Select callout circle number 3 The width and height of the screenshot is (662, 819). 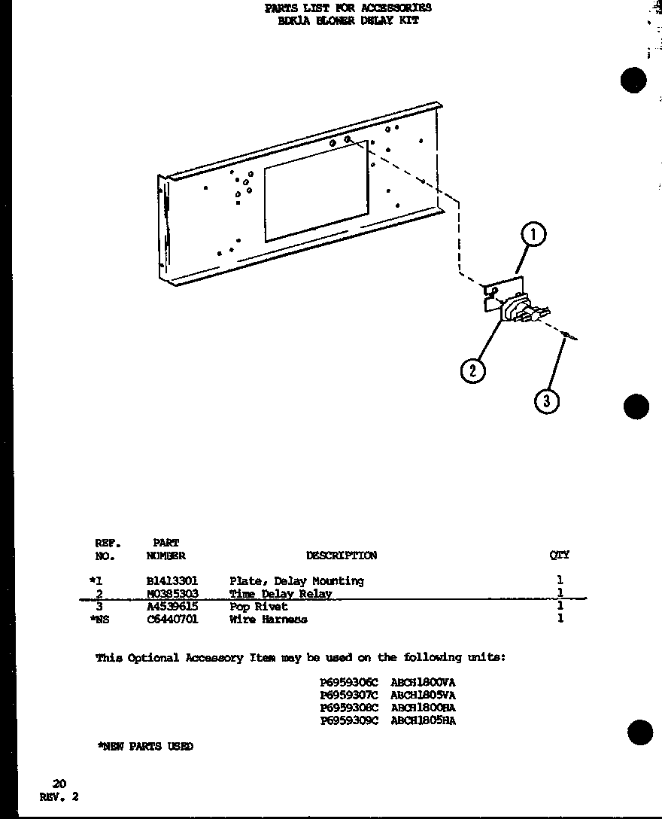tap(547, 401)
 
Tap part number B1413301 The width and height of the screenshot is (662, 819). tap(172, 581)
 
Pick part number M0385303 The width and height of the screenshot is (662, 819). tap(172, 594)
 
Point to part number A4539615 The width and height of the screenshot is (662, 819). tap(172, 606)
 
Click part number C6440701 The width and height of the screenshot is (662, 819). tap(172, 619)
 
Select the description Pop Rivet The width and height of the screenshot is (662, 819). tap(259, 606)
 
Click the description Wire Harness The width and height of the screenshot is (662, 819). tap(269, 619)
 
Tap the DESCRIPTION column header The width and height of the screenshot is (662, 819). tap(342, 556)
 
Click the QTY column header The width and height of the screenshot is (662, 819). tap(560, 556)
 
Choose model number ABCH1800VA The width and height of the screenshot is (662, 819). tap(423, 683)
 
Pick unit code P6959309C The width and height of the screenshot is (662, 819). tap(349, 720)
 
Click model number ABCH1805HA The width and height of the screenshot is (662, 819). tap(423, 720)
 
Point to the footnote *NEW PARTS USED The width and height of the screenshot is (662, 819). tap(145, 746)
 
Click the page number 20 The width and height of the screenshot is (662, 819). tap(59, 784)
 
